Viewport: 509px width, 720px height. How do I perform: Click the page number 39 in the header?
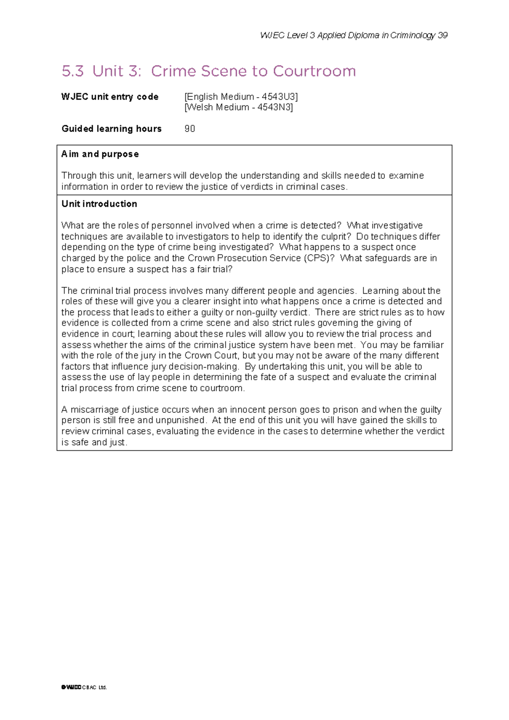coord(442,35)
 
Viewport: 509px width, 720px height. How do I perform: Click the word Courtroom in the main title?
coord(314,71)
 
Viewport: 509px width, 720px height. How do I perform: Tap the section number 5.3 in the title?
coord(73,71)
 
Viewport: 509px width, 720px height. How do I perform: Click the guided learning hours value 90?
coord(190,129)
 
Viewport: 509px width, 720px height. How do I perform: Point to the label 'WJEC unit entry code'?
coord(110,97)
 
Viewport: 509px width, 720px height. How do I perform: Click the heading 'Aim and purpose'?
coord(100,154)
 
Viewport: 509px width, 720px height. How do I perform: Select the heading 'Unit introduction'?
coord(99,204)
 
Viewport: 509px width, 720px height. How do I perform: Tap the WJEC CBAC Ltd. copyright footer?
coord(84,687)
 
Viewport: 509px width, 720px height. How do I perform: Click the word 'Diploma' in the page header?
coord(362,35)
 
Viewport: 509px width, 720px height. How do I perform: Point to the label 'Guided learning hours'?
coord(112,129)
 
